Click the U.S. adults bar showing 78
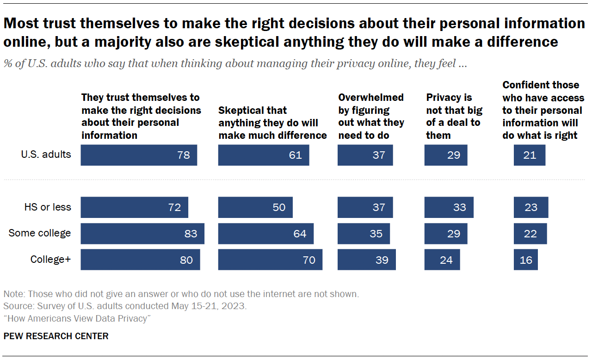(x=139, y=155)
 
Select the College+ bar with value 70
(x=270, y=260)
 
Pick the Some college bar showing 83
(x=142, y=234)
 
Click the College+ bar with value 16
(x=525, y=260)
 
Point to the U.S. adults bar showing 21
(x=530, y=155)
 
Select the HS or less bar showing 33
(x=449, y=207)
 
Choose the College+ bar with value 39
(x=366, y=260)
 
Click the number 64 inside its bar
(x=300, y=234)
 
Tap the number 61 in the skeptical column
(x=295, y=155)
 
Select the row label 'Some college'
(x=40, y=233)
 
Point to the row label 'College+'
(x=50, y=260)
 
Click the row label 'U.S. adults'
(x=46, y=154)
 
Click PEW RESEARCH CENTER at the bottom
(x=56, y=336)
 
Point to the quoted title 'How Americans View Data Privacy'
(x=77, y=318)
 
